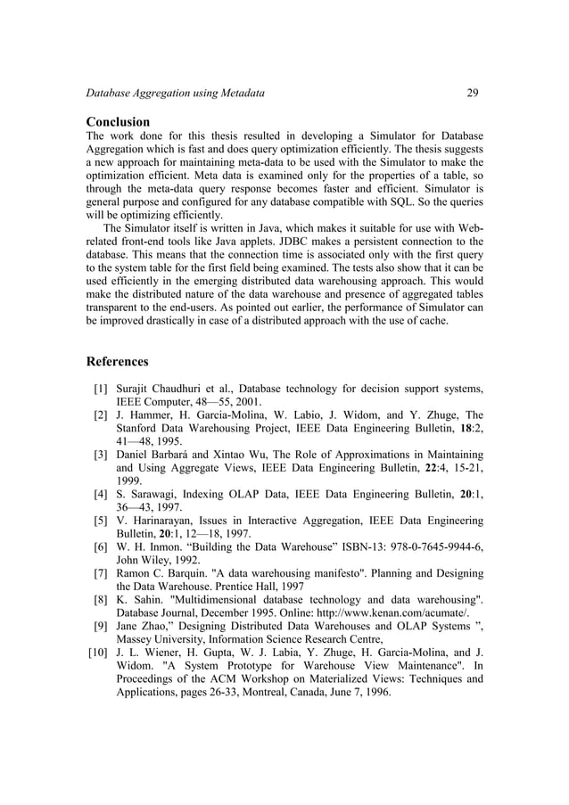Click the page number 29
click(x=473, y=93)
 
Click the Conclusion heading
click(x=118, y=121)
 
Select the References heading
click(x=117, y=362)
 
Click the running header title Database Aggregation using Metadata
click(x=175, y=93)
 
